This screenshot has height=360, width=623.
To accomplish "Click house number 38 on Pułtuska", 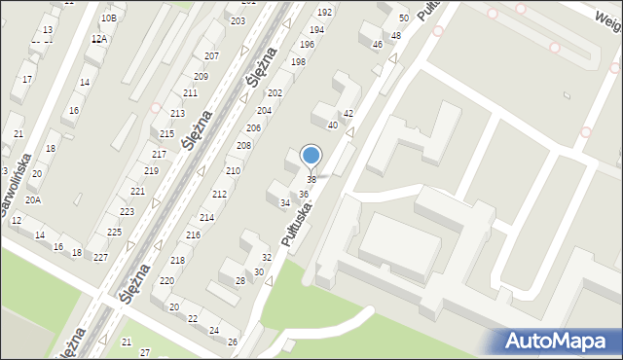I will (311, 180).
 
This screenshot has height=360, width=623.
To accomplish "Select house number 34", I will (285, 202).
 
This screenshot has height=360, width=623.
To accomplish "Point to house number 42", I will (348, 114).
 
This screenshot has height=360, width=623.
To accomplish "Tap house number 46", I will (377, 44).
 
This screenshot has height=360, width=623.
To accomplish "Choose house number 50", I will (403, 18).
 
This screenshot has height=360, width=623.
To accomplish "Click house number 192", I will (324, 12).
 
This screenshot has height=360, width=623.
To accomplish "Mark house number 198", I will (298, 61).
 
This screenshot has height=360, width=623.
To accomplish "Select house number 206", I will (253, 128).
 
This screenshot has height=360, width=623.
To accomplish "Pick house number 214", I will (206, 217).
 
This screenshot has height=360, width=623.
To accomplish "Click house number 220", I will (167, 280).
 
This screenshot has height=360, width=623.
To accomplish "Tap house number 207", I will (211, 55).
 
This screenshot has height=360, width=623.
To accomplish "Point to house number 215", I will (166, 133).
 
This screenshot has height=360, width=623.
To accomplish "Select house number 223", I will (127, 211).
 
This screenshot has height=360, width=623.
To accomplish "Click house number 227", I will (100, 257).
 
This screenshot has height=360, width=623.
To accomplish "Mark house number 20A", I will (33, 199).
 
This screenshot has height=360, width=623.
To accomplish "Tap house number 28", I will (240, 280).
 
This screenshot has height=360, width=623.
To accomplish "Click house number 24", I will (214, 330).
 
